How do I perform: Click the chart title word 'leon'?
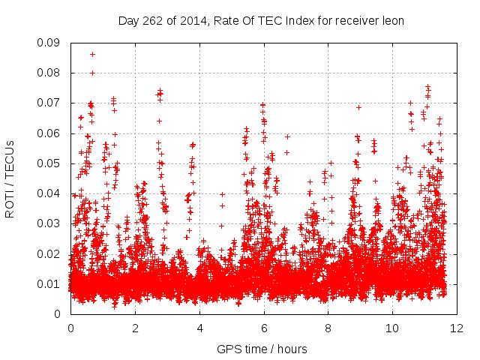click(x=392, y=21)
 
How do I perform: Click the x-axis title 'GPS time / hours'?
click(x=262, y=349)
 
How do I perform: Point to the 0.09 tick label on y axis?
click(x=51, y=43)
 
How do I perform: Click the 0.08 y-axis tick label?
click(x=51, y=73)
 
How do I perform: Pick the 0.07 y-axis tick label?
click(x=51, y=103)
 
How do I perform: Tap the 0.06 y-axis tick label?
click(x=51, y=133)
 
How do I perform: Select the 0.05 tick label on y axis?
click(x=51, y=163)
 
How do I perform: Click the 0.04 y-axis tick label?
click(x=51, y=193)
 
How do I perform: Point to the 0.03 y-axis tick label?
click(x=51, y=223)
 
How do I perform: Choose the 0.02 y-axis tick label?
click(x=51, y=253)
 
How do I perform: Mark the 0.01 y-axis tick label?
click(x=51, y=283)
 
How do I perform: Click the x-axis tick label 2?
click(x=135, y=328)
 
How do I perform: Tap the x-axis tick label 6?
click(x=263, y=328)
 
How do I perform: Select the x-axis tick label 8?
click(x=328, y=328)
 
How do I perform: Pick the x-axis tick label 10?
click(x=392, y=328)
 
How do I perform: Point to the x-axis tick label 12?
click(x=456, y=328)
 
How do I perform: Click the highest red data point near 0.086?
click(x=92, y=54)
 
